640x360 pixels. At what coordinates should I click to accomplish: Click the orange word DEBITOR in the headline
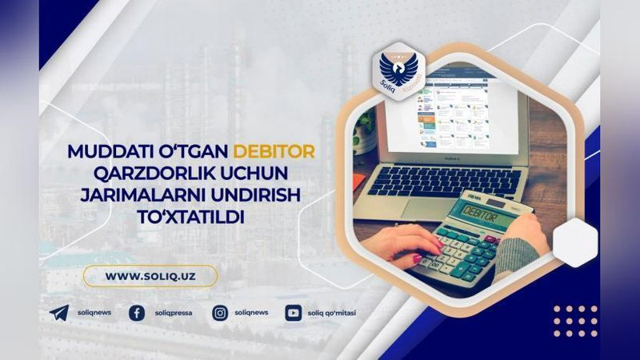pyautogui.click(x=274, y=150)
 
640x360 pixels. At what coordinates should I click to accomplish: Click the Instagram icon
pyautogui.click(x=220, y=313)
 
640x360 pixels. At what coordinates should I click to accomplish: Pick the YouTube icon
pyautogui.click(x=293, y=313)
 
